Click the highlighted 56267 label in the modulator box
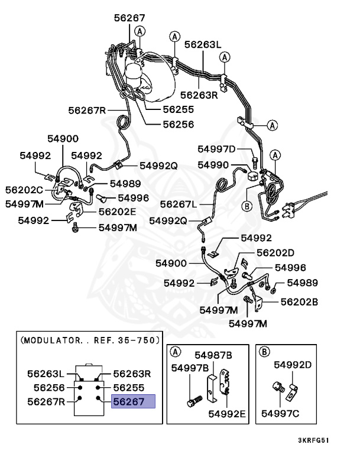pyautogui.click(x=133, y=402)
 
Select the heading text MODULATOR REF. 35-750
pyautogui.click(x=90, y=340)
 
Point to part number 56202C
pyautogui.click(x=24, y=190)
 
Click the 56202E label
pyautogui.click(x=117, y=211)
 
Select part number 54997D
pyautogui.click(x=216, y=149)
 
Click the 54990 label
pyautogui.click(x=213, y=165)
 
